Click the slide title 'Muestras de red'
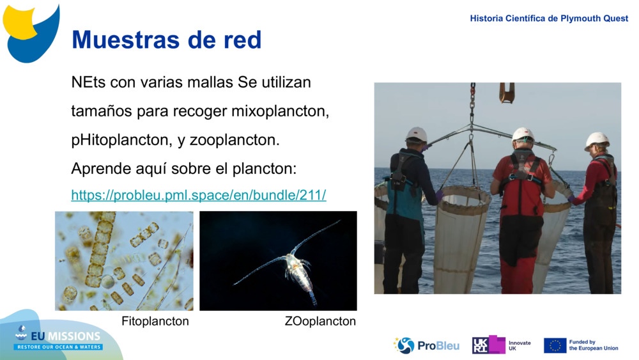click(166, 40)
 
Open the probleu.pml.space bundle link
click(198, 195)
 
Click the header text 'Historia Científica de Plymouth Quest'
click(549, 19)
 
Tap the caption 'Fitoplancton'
click(155, 321)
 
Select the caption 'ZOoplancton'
click(320, 321)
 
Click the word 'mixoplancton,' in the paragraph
click(280, 111)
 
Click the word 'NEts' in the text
click(88, 82)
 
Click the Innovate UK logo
click(502, 345)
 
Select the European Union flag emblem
click(555, 345)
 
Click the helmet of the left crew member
click(417, 134)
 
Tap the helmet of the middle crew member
click(523, 134)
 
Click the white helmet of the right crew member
click(597, 139)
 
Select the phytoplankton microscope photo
click(124, 261)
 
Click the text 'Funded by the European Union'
click(594, 345)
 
